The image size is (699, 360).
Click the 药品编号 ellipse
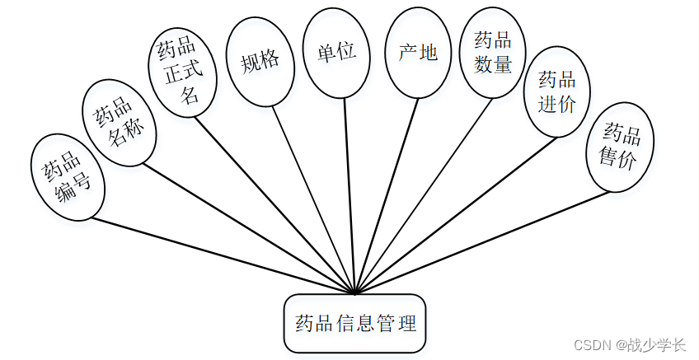(68, 177)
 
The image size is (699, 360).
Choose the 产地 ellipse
(418, 54)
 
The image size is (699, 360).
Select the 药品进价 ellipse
(557, 91)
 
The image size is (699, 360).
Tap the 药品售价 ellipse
(620, 145)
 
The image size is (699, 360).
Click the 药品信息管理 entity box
(355, 323)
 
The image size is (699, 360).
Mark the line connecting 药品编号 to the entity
(223, 255)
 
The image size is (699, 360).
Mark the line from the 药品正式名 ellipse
(276, 204)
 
